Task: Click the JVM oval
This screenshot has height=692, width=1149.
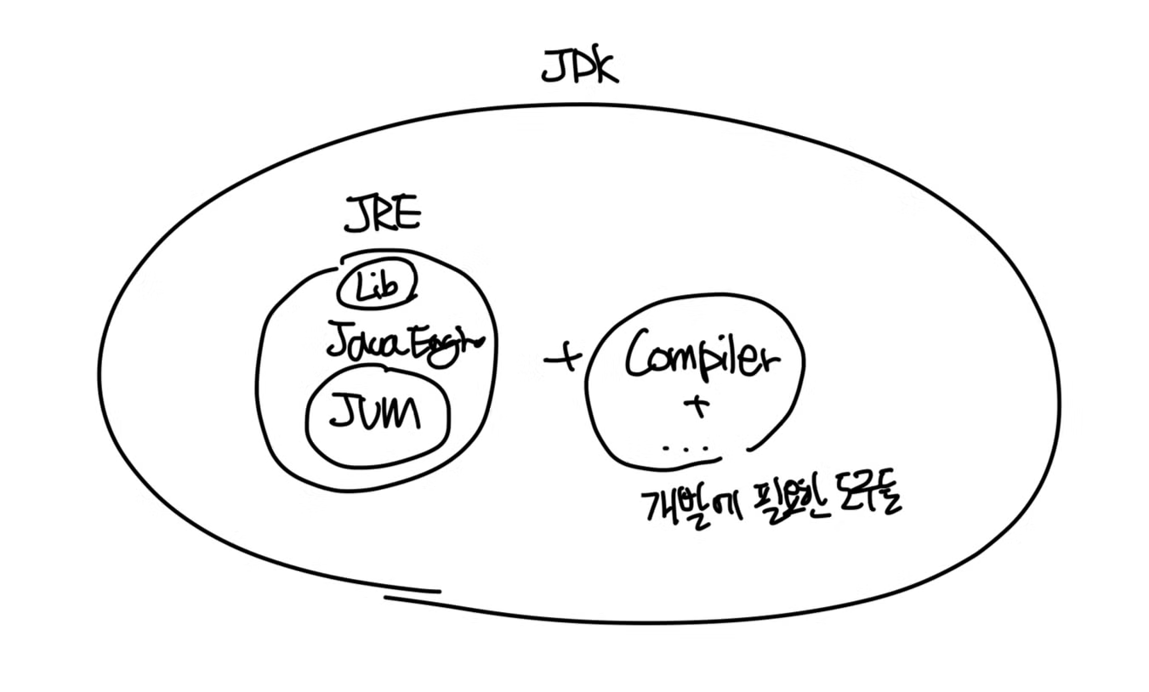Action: click(377, 417)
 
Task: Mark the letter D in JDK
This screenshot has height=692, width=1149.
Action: click(577, 67)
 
